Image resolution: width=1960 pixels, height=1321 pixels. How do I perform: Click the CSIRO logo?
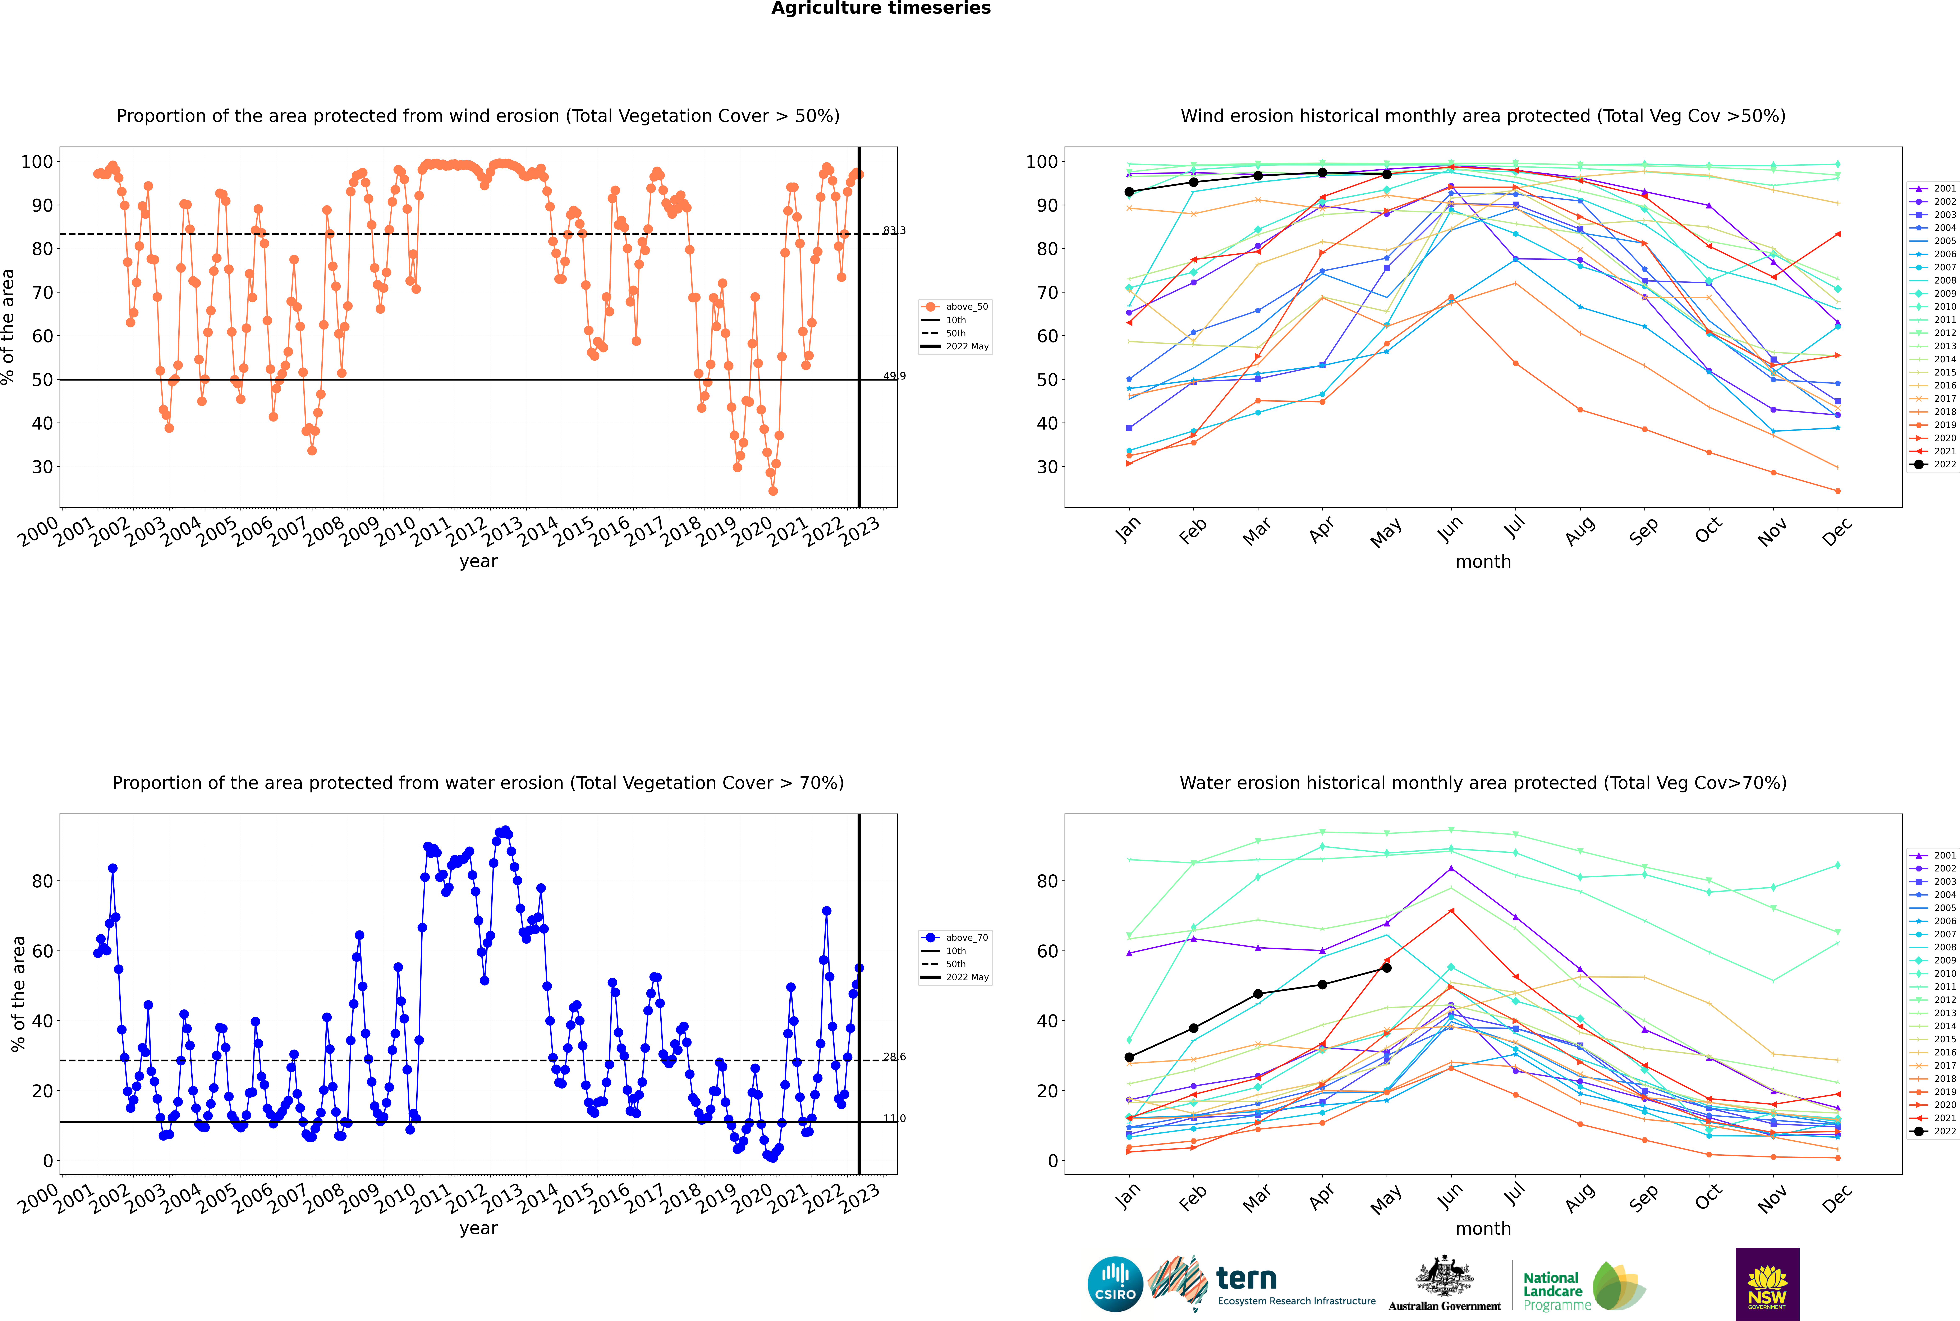point(1115,1284)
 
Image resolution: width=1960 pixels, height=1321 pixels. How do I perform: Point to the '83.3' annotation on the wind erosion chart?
point(894,231)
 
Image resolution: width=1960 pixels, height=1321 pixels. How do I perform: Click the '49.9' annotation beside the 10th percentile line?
point(894,377)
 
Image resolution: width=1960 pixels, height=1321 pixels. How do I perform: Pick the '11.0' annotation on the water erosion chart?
point(894,1119)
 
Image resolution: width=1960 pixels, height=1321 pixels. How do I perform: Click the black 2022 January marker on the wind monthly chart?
point(1129,192)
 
